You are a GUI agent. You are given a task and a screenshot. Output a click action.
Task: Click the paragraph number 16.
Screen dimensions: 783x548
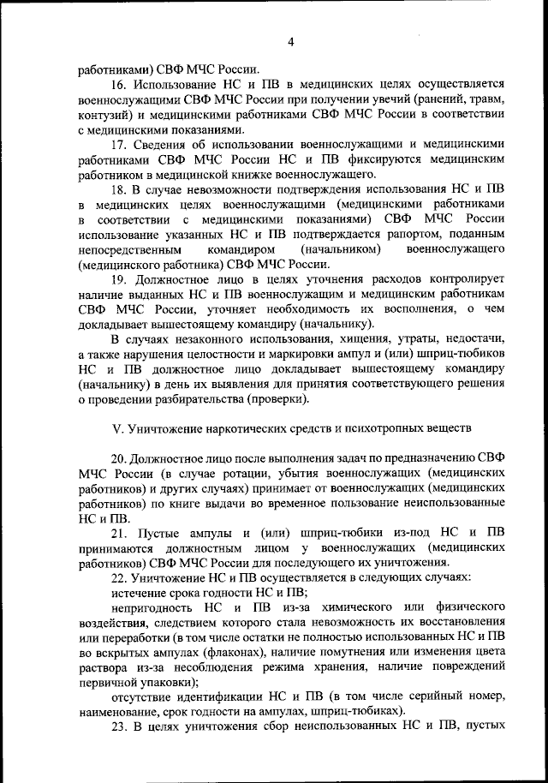pos(120,84)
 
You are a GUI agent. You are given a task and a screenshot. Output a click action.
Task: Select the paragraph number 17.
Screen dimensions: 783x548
pos(120,145)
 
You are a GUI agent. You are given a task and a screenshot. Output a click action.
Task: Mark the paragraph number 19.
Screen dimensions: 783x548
pos(120,281)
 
